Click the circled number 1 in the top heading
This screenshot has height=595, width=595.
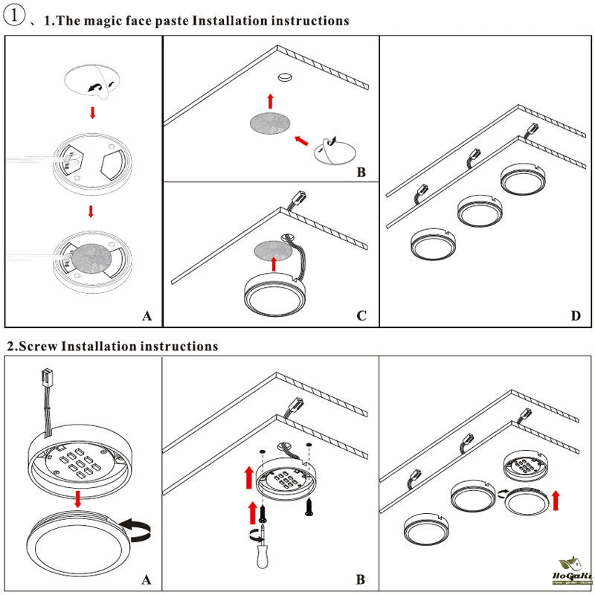[x=14, y=19]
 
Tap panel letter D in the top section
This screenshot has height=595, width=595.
[x=575, y=316]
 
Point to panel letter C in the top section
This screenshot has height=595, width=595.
[x=361, y=316]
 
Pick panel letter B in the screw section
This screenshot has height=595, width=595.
[x=361, y=579]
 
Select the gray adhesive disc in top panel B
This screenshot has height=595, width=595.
[x=269, y=124]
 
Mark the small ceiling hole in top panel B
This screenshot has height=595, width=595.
[x=285, y=77]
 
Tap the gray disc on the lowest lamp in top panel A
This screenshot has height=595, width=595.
[x=91, y=257]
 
